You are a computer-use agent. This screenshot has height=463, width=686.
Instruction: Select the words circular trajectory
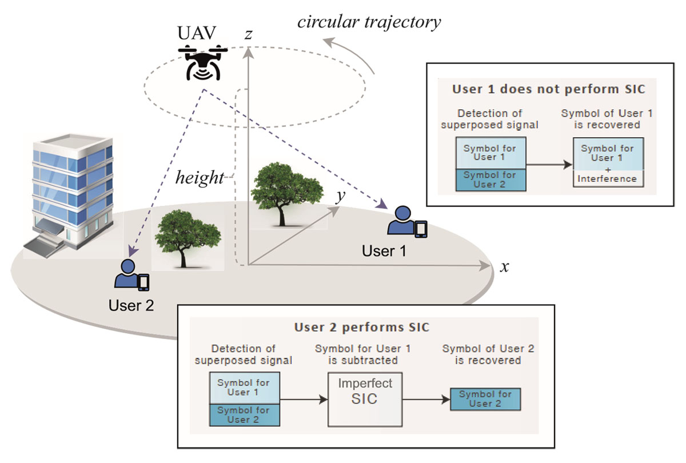369,22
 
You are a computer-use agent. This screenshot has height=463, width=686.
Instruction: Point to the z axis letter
248,35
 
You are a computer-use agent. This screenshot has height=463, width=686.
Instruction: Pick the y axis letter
341,197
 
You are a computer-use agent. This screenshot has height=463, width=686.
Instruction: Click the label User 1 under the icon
384,250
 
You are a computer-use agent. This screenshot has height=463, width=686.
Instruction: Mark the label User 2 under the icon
131,305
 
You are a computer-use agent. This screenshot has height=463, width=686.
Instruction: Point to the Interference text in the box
607,178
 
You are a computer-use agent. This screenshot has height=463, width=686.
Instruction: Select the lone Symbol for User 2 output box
485,398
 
